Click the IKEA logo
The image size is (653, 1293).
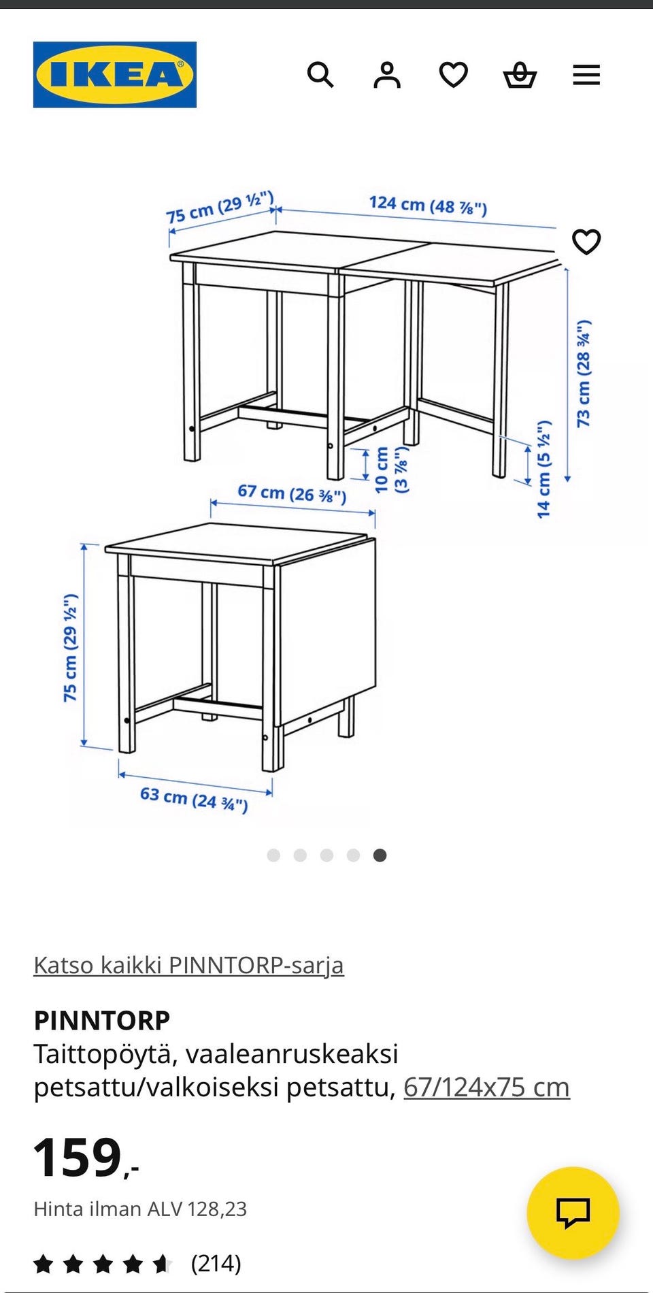point(115,75)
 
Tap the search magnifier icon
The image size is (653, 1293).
point(320,75)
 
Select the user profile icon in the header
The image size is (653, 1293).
point(386,75)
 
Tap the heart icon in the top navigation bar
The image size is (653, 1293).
point(453,75)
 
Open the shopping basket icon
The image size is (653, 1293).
point(520,75)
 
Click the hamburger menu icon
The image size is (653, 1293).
point(586,75)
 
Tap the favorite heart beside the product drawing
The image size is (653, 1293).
point(586,242)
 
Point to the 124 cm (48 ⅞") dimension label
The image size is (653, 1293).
point(428,205)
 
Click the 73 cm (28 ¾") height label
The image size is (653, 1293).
point(584,373)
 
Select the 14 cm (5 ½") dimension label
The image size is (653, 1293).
point(543,470)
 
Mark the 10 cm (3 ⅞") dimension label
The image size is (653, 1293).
point(391,470)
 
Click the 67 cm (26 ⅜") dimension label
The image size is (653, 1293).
point(292,493)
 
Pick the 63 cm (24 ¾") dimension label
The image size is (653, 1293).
point(194,799)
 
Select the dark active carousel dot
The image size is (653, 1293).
point(380,855)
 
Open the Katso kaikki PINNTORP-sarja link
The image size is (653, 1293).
point(188,965)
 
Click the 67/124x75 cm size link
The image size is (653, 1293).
point(486,1087)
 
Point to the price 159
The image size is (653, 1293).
point(78,1158)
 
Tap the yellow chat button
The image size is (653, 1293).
point(573,1213)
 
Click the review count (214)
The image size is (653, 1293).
point(216,1264)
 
